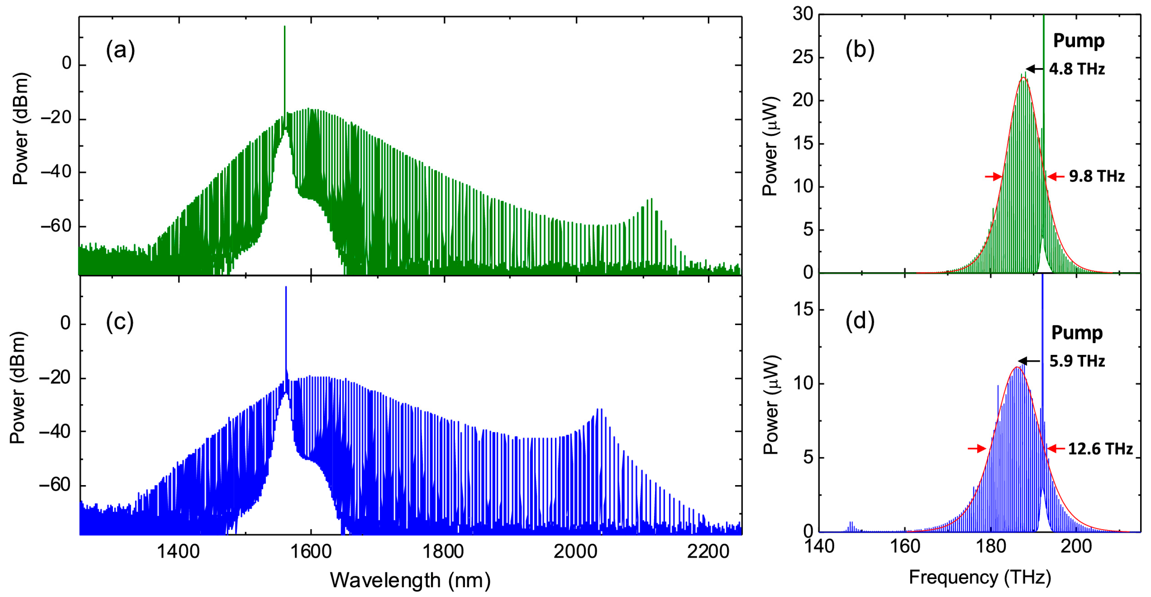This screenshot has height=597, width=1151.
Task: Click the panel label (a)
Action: click(120, 50)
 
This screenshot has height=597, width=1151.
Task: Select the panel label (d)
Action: click(860, 321)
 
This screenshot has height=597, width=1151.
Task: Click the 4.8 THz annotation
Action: click(1077, 69)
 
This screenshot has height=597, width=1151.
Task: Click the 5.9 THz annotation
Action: click(1077, 361)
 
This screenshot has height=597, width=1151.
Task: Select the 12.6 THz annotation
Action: click(1100, 449)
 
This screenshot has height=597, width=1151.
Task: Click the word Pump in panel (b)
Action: click(1079, 41)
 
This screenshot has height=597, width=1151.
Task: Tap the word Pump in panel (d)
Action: click(1077, 333)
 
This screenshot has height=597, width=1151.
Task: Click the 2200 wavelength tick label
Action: click(708, 552)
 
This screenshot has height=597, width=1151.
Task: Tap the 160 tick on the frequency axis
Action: click(905, 546)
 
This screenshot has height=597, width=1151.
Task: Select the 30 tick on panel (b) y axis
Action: click(803, 14)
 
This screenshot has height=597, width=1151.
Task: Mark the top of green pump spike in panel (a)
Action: click(285, 27)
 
